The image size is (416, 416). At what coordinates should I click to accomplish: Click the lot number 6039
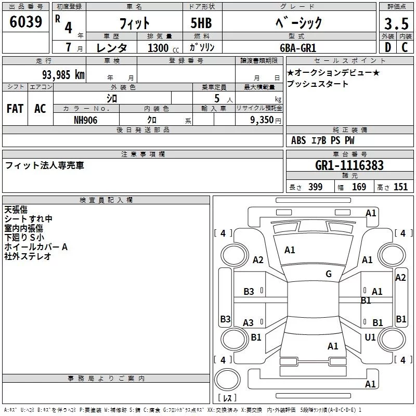tap(25, 22)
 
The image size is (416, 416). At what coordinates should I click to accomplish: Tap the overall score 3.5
tap(395, 23)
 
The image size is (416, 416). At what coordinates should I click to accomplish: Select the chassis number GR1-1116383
tap(349, 166)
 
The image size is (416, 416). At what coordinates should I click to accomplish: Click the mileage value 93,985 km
tap(63, 74)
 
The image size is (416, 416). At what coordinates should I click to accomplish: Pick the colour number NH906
tap(86, 120)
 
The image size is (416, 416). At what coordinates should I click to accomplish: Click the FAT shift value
tap(15, 109)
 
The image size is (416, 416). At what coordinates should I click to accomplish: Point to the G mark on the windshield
tap(328, 274)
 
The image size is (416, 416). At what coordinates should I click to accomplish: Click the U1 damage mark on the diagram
tap(370, 337)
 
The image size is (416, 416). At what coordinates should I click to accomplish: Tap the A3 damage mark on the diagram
tap(249, 323)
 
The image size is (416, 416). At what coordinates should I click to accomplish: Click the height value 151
tap(400, 187)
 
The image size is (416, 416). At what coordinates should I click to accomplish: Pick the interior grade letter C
tap(405, 47)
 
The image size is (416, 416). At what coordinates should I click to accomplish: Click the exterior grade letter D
tap(387, 47)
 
